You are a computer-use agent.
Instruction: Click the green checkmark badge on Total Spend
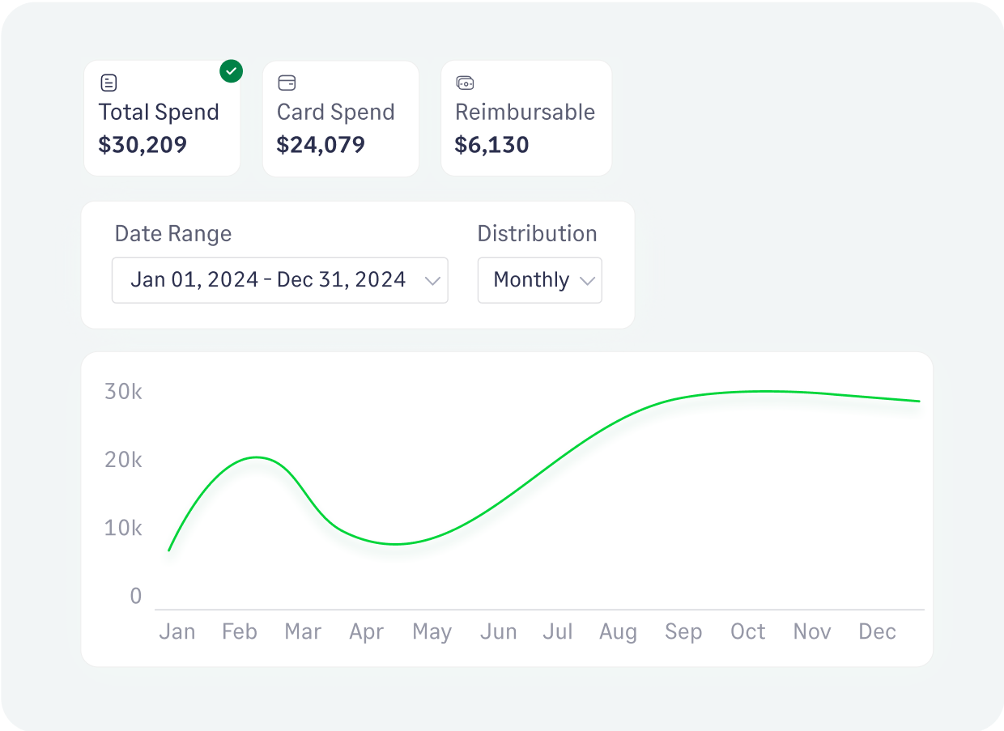[232, 71]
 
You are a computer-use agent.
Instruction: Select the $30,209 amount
[143, 145]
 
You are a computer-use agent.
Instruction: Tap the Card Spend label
[335, 112]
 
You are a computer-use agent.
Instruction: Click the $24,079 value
[321, 145]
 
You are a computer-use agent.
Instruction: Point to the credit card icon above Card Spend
[287, 83]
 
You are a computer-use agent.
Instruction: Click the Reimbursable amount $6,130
[491, 145]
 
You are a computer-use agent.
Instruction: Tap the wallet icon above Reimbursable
[465, 83]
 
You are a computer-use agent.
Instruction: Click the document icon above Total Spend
[108, 83]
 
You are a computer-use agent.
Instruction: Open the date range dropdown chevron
[432, 281]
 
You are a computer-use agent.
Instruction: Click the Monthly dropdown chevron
[587, 281]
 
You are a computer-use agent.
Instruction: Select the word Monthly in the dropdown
[531, 280]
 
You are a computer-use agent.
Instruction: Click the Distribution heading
[537, 234]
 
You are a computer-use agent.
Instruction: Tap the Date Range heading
[173, 234]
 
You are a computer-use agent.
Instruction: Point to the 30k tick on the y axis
[123, 392]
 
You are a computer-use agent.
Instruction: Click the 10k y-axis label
[123, 528]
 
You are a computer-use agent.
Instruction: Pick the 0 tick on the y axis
[135, 597]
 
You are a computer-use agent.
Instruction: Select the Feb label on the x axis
[239, 631]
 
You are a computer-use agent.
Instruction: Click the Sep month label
[683, 631]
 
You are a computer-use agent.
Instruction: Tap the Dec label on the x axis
[877, 631]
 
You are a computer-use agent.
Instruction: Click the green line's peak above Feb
[256, 457]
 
